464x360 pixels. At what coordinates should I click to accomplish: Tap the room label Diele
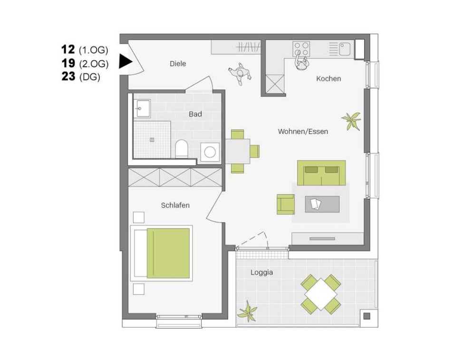(178, 64)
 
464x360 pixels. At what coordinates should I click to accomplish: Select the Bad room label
(195, 114)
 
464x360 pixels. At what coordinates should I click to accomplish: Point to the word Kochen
(329, 79)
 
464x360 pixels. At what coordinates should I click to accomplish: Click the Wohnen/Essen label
(303, 131)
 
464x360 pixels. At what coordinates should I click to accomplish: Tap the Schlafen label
(175, 205)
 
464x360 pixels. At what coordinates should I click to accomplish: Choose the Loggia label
(261, 272)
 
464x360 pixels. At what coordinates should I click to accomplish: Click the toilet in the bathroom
(182, 149)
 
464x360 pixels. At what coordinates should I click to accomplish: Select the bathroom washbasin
(142, 108)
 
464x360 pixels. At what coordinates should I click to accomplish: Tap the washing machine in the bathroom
(210, 152)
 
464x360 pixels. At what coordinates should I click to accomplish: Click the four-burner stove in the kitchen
(301, 49)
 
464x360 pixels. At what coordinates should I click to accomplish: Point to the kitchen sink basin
(345, 49)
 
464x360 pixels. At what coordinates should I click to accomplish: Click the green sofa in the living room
(321, 173)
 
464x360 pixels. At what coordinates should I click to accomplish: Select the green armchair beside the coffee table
(286, 204)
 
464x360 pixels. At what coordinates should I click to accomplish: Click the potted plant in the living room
(352, 120)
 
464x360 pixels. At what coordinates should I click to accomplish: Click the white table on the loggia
(321, 294)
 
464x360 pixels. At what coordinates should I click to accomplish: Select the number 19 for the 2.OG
(68, 63)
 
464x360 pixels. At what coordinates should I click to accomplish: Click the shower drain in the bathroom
(152, 140)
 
